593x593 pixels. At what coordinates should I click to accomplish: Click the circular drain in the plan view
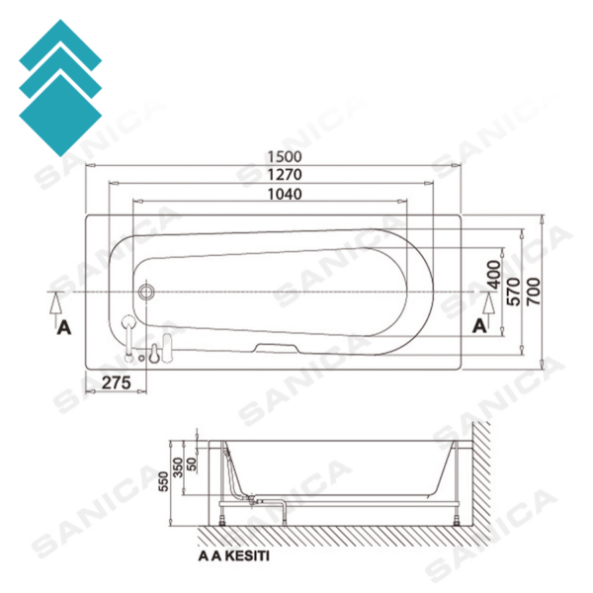point(146,293)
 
